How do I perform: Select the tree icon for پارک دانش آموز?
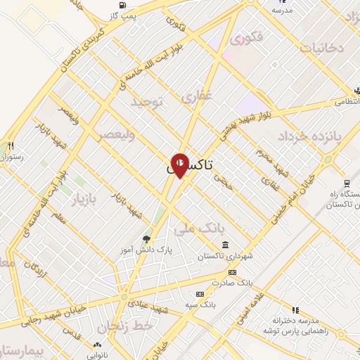click(146, 239)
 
